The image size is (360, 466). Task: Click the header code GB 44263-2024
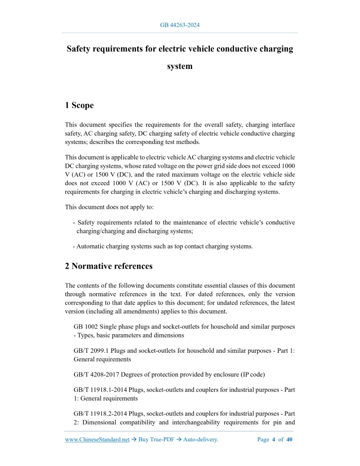coord(179,25)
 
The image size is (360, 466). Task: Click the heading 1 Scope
coord(79,105)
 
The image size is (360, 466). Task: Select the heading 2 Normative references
coord(109,266)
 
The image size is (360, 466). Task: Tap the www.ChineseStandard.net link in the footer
coord(97,440)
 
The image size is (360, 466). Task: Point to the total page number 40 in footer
coord(289,440)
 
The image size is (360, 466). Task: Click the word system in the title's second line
coord(179,66)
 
